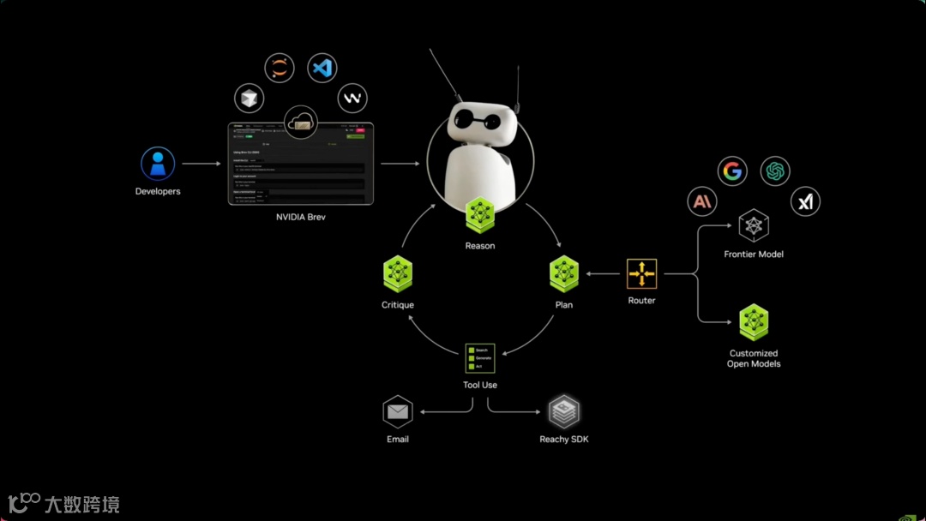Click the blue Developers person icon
158,164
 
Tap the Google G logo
732,171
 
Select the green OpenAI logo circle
775,171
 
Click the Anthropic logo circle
702,202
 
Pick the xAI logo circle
805,202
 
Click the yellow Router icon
641,274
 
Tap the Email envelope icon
398,412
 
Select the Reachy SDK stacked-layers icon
564,412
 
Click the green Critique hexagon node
398,274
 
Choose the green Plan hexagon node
564,274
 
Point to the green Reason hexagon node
480,214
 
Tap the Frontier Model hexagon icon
754,226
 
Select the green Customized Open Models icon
754,322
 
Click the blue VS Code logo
322,68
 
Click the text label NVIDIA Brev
301,218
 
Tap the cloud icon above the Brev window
300,123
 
